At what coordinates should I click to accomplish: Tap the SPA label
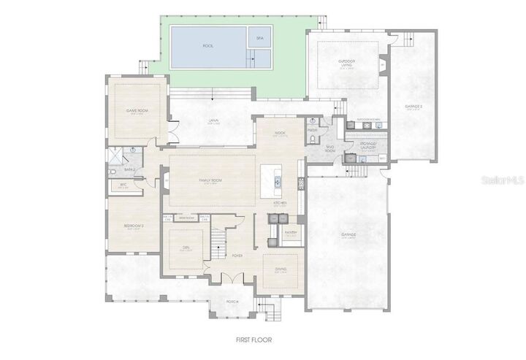coord(259,38)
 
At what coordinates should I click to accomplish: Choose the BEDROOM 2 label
coord(133,226)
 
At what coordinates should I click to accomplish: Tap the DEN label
coord(186,248)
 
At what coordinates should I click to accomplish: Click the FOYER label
coord(237,256)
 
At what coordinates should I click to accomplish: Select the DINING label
coord(280,270)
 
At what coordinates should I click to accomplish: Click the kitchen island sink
coord(278,180)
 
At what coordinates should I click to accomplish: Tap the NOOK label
coord(280,133)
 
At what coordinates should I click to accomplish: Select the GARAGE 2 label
coord(414,107)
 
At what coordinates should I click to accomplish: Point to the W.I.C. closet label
coord(123,185)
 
